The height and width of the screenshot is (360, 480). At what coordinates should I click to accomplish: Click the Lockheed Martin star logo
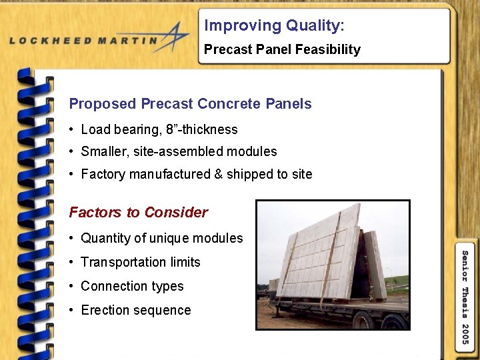[175, 37]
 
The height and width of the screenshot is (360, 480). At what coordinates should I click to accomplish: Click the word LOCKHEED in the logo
[50, 40]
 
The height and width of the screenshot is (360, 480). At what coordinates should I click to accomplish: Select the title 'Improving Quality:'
[274, 26]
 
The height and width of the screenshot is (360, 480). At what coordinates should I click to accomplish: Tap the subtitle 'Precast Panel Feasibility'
[282, 49]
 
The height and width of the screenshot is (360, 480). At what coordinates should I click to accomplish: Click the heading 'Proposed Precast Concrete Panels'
[190, 104]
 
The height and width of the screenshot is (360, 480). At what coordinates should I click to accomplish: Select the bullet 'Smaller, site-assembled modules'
[179, 151]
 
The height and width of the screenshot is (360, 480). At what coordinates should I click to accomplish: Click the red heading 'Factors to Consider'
[139, 213]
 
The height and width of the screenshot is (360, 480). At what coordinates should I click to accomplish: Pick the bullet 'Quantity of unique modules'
[161, 238]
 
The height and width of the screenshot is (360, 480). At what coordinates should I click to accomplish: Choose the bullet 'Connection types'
[132, 286]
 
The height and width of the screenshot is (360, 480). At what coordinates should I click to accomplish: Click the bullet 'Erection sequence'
[135, 310]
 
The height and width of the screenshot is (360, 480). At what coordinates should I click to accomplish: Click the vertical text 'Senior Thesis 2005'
[465, 296]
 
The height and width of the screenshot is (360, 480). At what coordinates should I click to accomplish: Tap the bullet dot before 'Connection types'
[71, 287]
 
